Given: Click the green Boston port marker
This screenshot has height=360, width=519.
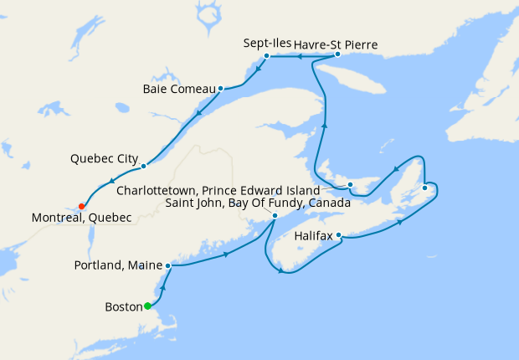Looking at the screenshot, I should (x=147, y=306).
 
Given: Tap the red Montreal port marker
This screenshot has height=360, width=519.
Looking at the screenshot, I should (x=81, y=206).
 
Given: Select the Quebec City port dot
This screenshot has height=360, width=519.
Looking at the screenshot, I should (x=144, y=166).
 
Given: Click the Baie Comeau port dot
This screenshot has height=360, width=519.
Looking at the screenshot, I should (x=220, y=88).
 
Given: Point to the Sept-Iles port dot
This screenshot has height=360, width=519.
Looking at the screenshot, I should (x=266, y=56).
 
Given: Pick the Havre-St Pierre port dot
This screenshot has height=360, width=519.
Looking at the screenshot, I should (x=337, y=54).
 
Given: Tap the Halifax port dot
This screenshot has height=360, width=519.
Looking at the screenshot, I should (x=338, y=236).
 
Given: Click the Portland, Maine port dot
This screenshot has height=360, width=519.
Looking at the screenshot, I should (x=168, y=265).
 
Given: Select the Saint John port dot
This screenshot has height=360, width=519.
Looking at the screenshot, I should (x=275, y=216).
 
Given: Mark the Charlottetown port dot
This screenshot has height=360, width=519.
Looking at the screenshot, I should (x=351, y=184).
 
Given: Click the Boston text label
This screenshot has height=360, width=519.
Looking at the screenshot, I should (x=125, y=306).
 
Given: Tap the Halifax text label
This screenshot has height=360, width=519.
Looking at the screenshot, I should (x=315, y=236).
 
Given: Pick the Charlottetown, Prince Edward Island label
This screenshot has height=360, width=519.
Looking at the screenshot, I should (x=218, y=190).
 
